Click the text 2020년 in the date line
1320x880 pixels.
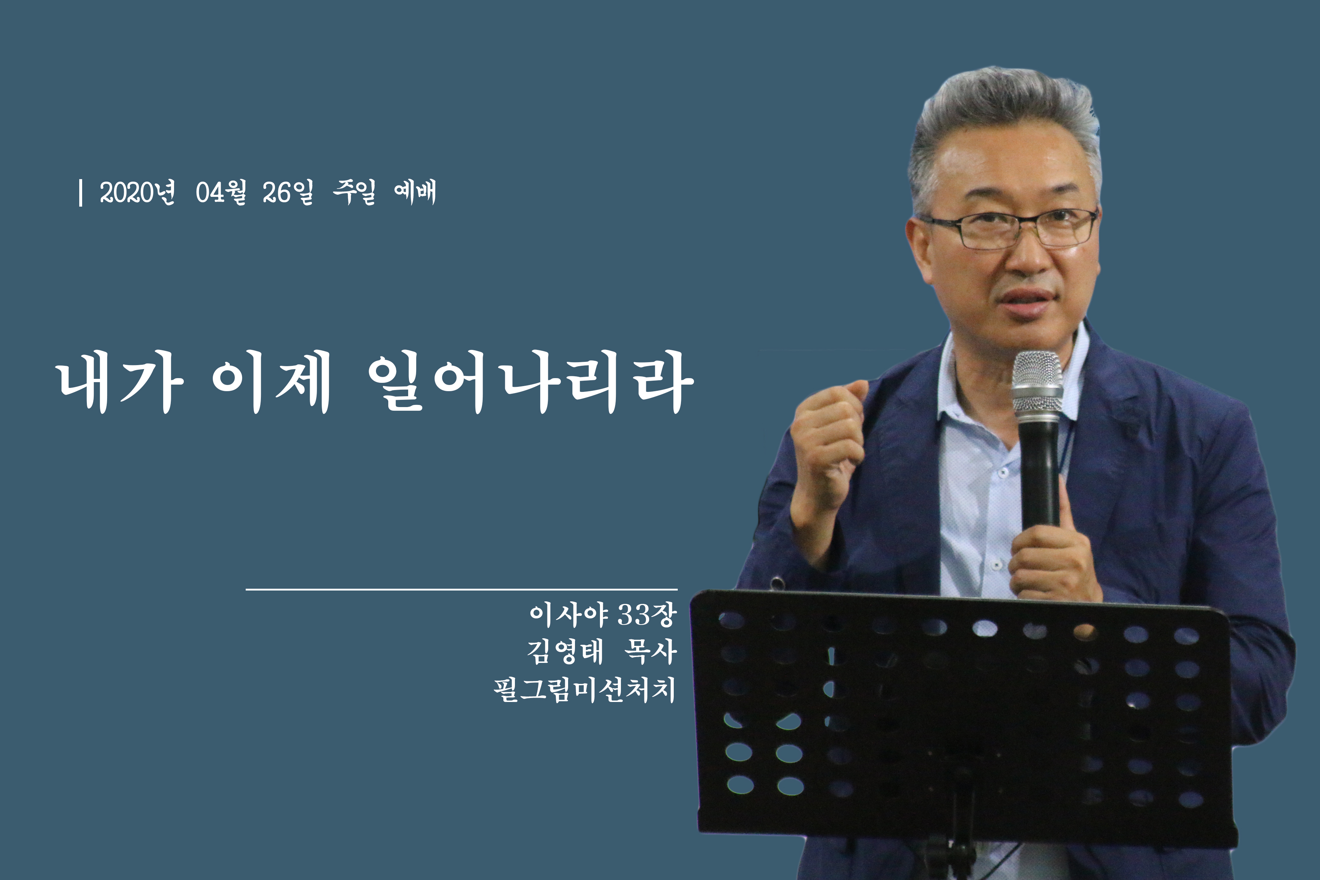pos(137,192)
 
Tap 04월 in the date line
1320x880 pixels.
pos(221,192)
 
